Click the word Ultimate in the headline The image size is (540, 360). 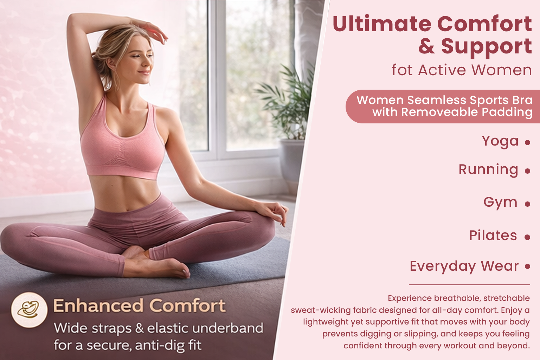click(382, 24)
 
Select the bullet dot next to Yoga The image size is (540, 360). click(527, 142)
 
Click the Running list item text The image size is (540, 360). click(488, 169)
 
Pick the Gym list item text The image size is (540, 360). click(500, 202)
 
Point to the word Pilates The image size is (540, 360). click(493, 235)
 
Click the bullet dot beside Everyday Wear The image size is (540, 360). click(527, 266)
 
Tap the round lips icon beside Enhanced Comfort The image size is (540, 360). click(29, 310)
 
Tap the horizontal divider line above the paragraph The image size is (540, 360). click(469, 285)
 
